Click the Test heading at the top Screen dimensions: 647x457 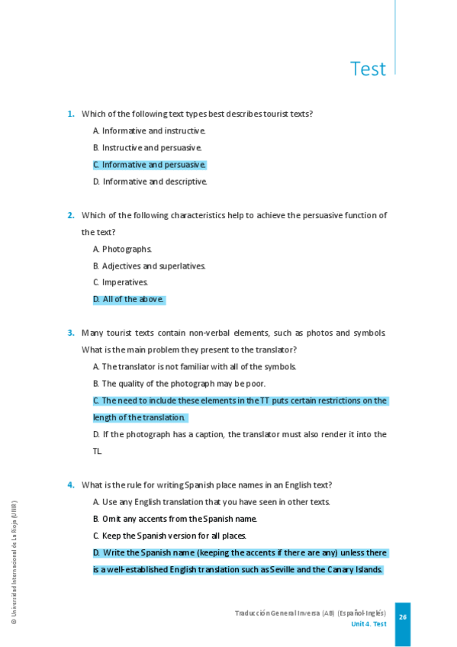[x=368, y=69]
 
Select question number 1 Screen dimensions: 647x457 [x=70, y=114]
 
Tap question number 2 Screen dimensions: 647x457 [x=70, y=216]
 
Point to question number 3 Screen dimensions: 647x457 [x=70, y=333]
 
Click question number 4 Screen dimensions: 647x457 [x=70, y=485]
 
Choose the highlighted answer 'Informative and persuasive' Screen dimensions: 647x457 [x=150, y=165]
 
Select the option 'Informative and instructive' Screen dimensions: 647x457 [x=150, y=131]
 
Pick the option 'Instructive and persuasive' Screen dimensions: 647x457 [x=147, y=148]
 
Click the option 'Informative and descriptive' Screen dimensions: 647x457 [x=150, y=182]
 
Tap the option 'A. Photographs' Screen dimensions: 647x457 [x=122, y=249]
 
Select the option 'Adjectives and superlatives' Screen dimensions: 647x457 [x=150, y=266]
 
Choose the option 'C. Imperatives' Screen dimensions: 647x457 [x=121, y=282]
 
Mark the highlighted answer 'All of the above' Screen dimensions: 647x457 [x=128, y=299]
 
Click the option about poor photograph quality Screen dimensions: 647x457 [x=179, y=384]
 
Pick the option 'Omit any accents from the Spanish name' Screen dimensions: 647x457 [x=175, y=519]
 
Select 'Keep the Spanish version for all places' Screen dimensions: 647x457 [x=169, y=536]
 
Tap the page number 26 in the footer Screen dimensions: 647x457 [x=403, y=617]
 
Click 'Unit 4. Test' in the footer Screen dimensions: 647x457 [x=368, y=624]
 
